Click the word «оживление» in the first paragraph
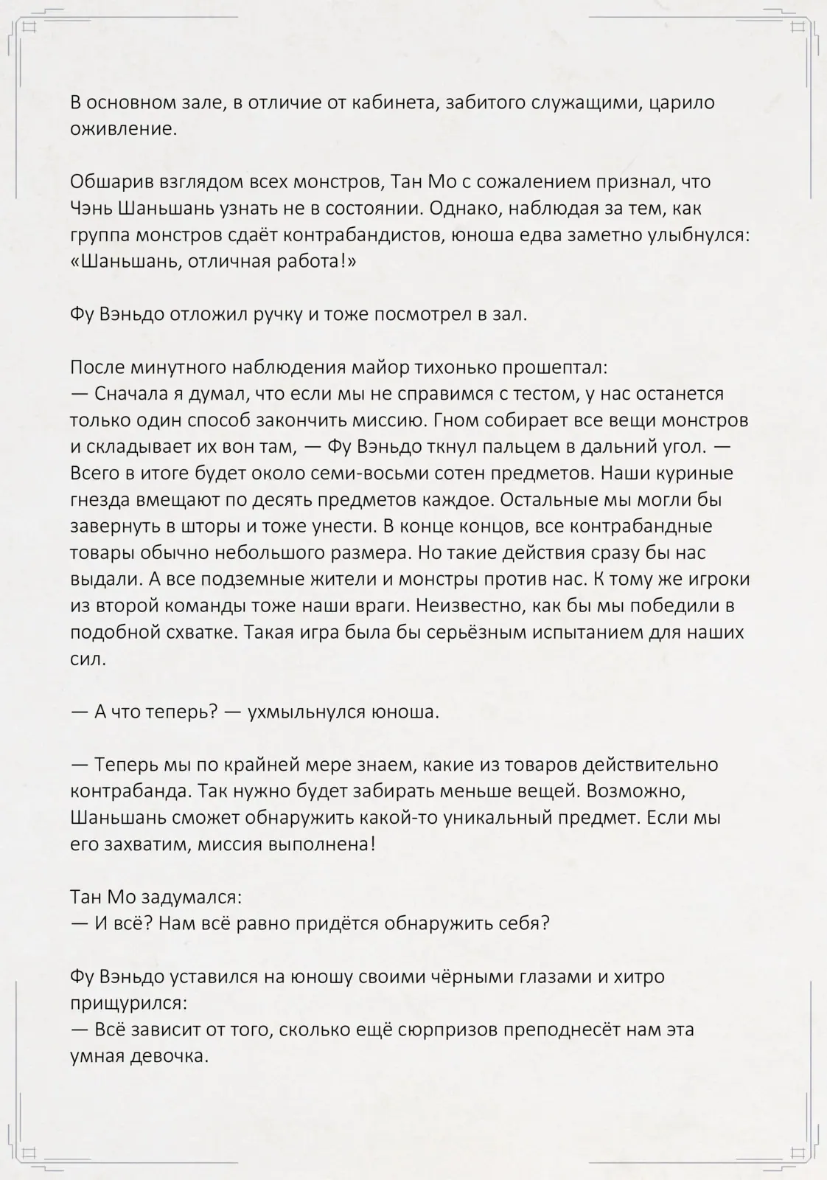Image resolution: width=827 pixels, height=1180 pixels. click(x=123, y=129)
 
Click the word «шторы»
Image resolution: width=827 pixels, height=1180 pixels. click(x=208, y=527)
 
